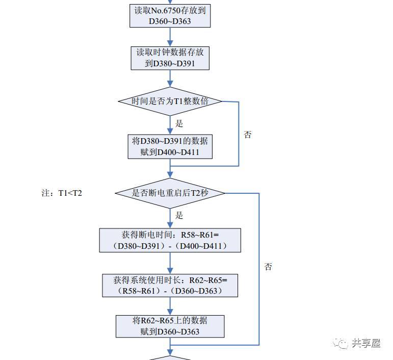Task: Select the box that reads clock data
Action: click(170, 58)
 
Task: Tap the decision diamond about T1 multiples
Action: click(170, 101)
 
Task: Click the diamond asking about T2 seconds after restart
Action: click(170, 193)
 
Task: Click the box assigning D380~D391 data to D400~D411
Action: click(170, 147)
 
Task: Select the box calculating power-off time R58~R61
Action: click(170, 240)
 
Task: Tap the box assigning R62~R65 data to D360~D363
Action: click(170, 326)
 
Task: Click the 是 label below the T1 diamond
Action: click(179, 123)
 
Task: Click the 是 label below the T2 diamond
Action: click(179, 215)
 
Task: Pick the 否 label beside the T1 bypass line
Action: click(248, 135)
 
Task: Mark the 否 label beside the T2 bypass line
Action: click(268, 267)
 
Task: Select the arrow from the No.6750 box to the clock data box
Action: click(170, 37)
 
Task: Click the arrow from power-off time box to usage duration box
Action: click(170, 263)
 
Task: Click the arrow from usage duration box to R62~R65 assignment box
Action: click(170, 306)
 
